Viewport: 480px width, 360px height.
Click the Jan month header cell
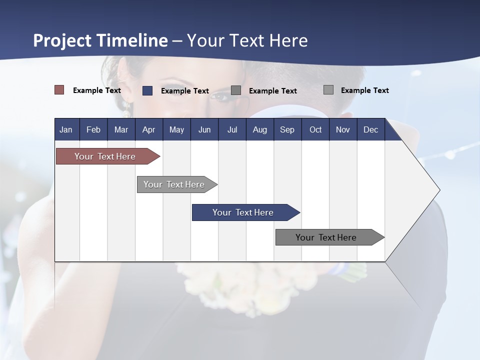tap(66, 129)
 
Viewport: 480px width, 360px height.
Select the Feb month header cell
tap(93, 129)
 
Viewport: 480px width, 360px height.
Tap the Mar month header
tap(121, 129)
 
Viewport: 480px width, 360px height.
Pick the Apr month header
tap(149, 129)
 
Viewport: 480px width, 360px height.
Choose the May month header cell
tap(176, 129)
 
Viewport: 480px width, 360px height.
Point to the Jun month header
tap(204, 129)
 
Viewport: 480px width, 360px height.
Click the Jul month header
tap(232, 129)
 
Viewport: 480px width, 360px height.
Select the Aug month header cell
tap(260, 129)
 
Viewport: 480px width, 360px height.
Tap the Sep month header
tap(287, 129)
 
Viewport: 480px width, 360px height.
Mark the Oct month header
tap(315, 129)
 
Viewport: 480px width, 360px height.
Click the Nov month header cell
tap(343, 129)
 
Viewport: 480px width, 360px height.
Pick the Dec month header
tap(371, 129)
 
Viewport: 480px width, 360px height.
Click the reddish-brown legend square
tap(59, 90)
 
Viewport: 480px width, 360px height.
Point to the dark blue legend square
tap(147, 90)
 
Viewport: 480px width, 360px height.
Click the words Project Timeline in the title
tap(100, 40)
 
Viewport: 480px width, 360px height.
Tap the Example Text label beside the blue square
tap(185, 91)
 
